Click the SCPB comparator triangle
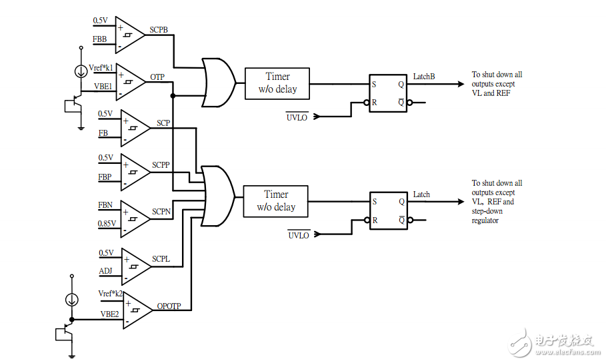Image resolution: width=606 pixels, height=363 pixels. point(129,35)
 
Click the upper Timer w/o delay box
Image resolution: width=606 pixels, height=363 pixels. point(277,83)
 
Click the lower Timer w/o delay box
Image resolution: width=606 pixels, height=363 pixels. point(276,200)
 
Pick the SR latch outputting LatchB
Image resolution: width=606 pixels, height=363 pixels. point(387,93)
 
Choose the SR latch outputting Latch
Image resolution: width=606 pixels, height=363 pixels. point(387,210)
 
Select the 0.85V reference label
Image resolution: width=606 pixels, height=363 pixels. point(107,224)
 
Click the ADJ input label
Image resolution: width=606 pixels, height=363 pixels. point(105,271)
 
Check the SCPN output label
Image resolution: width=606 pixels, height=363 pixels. point(161,211)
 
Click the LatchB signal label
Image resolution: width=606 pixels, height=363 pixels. point(424,77)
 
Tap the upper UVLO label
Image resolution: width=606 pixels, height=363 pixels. point(298,117)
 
